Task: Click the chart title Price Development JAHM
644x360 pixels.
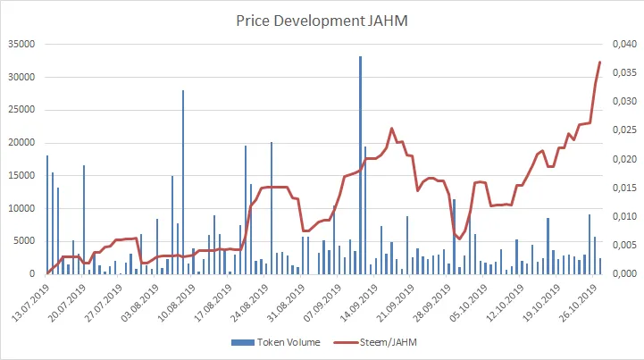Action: [x=322, y=19]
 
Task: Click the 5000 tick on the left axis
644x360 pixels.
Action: [x=22, y=241]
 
